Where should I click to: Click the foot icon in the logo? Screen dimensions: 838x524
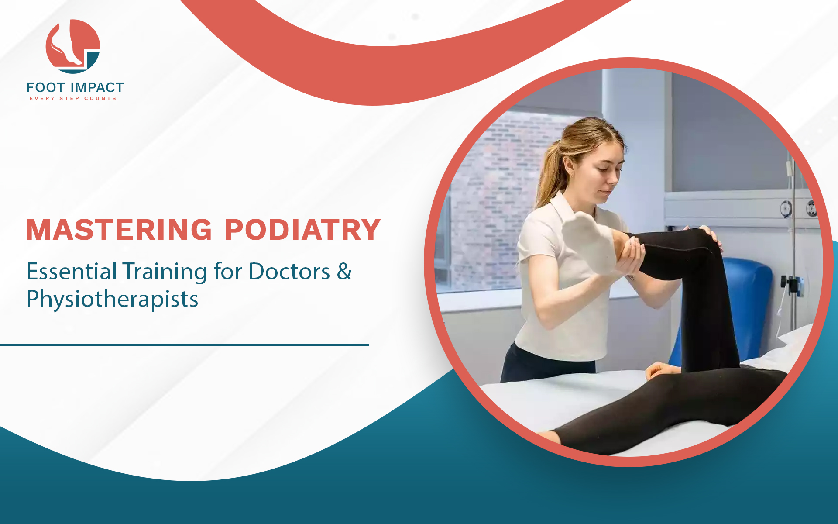tap(72, 46)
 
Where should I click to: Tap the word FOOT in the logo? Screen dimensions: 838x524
tap(46, 87)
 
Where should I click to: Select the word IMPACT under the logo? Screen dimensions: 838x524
tap(97, 87)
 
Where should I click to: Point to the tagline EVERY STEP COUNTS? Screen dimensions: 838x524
tap(73, 98)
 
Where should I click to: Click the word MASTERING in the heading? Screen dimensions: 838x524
tap(119, 230)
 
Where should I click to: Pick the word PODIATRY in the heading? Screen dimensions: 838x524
tap(302, 230)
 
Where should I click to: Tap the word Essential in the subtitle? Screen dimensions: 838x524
tap(72, 271)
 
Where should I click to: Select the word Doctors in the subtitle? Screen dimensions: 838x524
tap(289, 271)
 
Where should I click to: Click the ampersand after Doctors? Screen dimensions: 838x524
tap(344, 271)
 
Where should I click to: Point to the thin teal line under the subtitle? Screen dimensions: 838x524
tap(185, 345)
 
